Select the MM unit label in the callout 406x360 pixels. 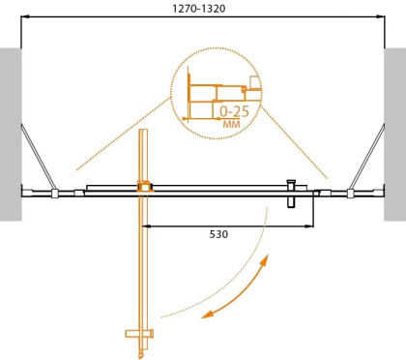232,124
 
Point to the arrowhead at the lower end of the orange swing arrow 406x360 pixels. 207,314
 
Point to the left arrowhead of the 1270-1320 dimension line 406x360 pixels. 26,17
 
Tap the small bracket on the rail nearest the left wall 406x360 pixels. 55,194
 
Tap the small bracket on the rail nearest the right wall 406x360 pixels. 350,194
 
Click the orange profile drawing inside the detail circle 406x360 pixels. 208,92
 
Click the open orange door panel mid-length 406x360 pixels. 144,261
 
